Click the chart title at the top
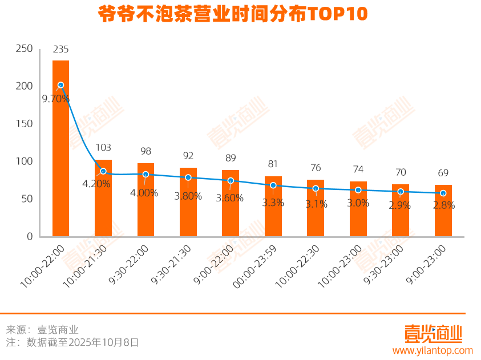(233, 14)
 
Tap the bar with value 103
(103, 200)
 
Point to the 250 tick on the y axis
(25, 48)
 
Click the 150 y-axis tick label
(25, 124)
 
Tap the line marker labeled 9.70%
(60, 85)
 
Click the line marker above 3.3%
(273, 185)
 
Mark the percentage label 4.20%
(96, 184)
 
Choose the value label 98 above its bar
(145, 151)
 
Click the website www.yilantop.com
(433, 350)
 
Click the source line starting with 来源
(42, 330)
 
